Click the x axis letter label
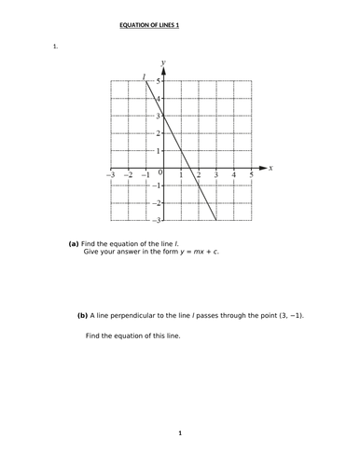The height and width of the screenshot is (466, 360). click(270, 169)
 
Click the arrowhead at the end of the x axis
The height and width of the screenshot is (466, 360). click(263, 169)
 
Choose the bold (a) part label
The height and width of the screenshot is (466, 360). click(75, 242)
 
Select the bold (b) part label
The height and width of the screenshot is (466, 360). click(82, 315)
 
